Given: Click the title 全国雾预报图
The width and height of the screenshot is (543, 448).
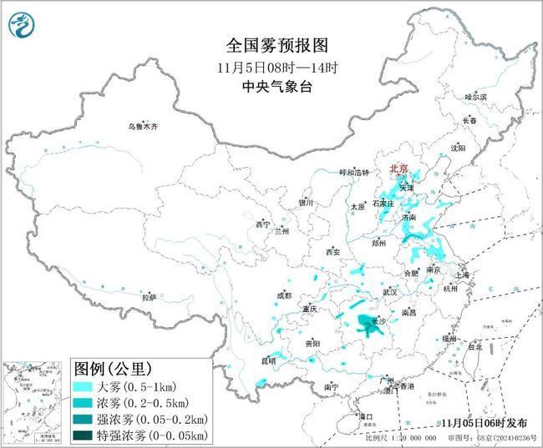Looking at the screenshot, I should (271, 44).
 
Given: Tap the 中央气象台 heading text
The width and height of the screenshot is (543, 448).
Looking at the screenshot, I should (271, 84).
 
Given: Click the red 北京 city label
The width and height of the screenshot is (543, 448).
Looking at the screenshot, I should (398, 169).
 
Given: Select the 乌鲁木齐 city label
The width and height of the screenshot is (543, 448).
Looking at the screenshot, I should (142, 127).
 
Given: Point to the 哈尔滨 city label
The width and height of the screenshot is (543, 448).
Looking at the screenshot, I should (475, 98).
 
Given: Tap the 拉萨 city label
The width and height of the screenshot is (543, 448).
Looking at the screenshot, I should (149, 297).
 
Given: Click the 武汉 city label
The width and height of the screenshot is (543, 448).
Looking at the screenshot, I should (389, 292).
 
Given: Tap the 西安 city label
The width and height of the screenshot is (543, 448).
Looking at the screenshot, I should (333, 251).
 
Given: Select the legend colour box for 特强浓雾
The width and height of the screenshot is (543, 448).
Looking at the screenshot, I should (81, 435).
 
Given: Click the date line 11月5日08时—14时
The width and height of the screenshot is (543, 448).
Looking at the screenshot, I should (271, 65).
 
